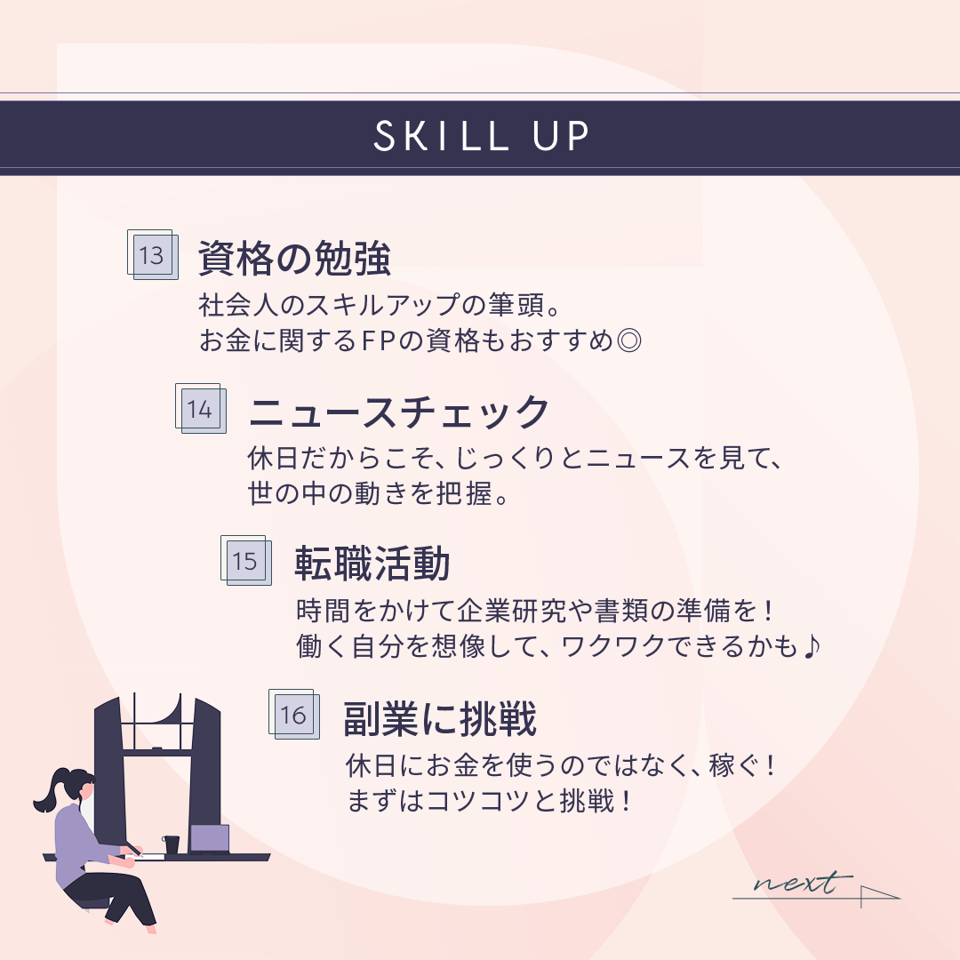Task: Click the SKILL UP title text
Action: tap(481, 136)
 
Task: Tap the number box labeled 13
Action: tap(153, 255)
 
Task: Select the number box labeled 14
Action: tap(201, 408)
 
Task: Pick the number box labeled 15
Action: tap(246, 560)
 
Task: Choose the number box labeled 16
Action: tap(294, 714)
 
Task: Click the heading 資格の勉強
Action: tap(294, 259)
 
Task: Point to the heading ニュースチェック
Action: tap(398, 412)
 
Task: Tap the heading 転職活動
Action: tap(372, 564)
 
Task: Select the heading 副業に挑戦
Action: tap(440, 719)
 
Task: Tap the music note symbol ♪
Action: tap(811, 646)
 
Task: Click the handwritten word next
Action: tap(803, 883)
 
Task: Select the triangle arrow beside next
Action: tap(880, 896)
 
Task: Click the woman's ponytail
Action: tap(49, 792)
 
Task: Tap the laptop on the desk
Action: tap(210, 839)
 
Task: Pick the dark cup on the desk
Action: tap(171, 845)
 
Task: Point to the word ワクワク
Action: tap(612, 646)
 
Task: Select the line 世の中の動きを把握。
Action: tap(379, 493)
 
